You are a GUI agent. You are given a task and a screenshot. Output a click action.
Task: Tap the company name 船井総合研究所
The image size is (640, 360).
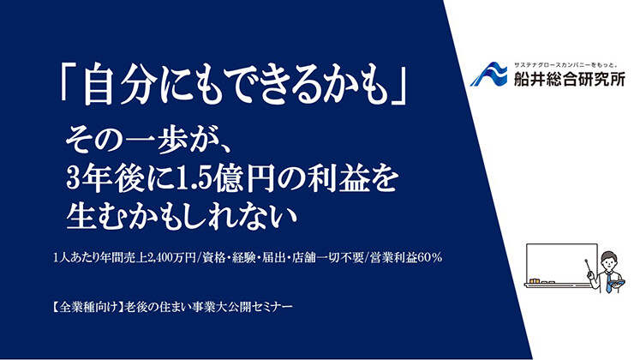coord(570,78)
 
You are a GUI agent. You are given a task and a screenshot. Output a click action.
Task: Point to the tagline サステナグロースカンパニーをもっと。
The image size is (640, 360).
coord(565,65)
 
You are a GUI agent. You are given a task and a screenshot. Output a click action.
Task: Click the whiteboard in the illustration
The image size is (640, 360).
coord(562,265)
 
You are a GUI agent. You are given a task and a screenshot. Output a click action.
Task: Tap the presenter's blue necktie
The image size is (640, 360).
coord(609,282)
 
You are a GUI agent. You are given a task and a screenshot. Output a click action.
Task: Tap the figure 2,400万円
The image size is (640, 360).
coord(170,258)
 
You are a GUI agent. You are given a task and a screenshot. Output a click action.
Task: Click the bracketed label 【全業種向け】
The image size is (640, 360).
coord(87,307)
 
